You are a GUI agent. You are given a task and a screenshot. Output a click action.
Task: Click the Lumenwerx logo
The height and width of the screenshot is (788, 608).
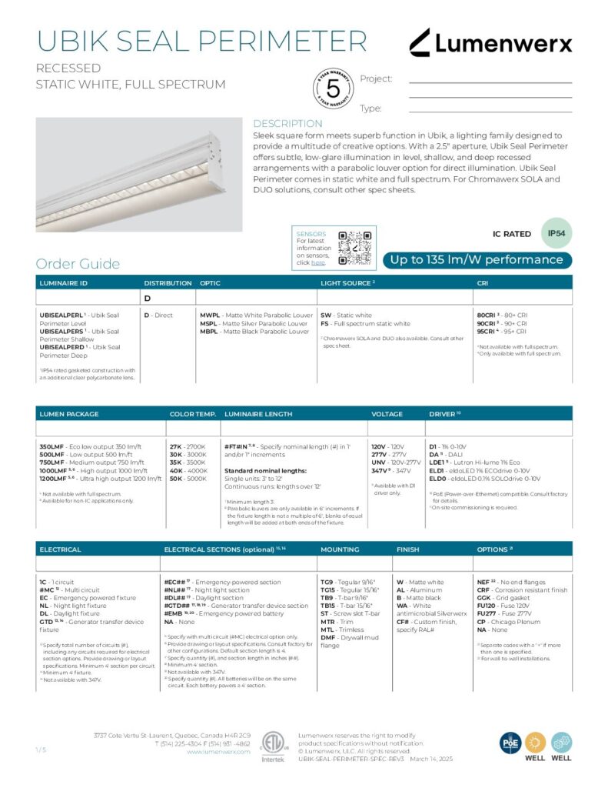[490, 42]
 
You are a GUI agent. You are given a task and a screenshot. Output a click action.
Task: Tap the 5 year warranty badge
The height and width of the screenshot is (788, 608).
[333, 89]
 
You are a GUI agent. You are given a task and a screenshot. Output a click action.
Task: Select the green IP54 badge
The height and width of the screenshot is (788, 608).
[557, 232]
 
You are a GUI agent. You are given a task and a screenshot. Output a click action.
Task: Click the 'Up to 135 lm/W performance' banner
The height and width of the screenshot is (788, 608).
[477, 260]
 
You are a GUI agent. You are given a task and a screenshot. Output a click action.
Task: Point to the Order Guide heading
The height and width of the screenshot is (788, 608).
[78, 264]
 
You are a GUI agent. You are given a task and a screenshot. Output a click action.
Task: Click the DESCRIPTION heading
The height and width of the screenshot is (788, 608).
[287, 124]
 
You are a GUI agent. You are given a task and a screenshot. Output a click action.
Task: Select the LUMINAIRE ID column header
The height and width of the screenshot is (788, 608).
[64, 283]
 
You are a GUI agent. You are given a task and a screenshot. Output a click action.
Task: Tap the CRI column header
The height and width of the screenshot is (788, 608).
[483, 283]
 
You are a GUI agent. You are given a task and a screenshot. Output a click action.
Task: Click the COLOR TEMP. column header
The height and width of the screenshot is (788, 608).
[192, 414]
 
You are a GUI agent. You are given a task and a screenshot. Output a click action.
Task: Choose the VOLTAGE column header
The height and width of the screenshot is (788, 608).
[387, 414]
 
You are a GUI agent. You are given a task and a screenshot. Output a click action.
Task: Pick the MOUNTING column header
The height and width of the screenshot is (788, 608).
[340, 549]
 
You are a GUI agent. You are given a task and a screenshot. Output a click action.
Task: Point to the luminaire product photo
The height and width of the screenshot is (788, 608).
[138, 174]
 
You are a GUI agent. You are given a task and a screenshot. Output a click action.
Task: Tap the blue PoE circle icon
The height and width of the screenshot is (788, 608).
[511, 743]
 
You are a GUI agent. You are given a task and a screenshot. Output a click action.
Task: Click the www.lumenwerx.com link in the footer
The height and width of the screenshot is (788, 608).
[219, 752]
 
